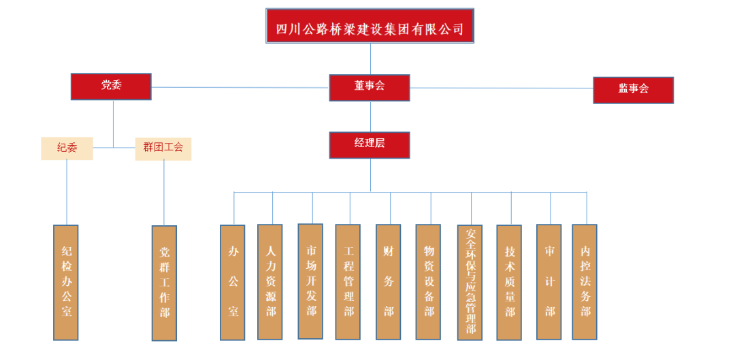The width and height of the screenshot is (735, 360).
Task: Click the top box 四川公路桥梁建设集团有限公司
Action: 370,27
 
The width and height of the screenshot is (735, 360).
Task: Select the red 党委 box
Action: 111,86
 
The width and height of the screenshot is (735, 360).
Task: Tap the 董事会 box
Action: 370,87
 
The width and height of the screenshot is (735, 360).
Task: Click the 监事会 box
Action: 633,90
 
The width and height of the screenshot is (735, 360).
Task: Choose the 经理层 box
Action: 370,144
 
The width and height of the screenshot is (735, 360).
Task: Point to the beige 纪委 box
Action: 67,148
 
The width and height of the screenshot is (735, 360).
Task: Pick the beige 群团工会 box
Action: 163,148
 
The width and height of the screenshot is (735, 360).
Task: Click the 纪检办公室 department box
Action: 66,282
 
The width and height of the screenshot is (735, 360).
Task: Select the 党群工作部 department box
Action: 164,282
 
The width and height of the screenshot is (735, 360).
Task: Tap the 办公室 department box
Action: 233,282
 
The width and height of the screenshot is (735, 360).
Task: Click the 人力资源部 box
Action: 270,282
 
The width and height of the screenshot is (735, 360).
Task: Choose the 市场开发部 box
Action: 310,281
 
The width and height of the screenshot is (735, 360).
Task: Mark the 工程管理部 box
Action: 348,282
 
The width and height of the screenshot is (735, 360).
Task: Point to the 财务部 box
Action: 388,282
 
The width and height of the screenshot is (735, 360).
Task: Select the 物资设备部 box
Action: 428,282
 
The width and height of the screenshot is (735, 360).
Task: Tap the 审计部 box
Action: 549,282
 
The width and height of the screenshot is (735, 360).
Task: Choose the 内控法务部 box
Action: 585,282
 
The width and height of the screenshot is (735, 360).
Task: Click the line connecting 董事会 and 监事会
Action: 502,88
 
